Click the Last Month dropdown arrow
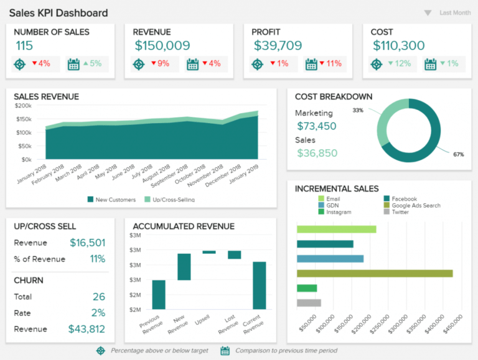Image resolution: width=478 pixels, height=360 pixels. tap(428, 13)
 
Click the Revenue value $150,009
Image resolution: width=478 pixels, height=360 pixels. tap(162, 45)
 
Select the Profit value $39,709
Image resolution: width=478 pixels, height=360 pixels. tap(278, 45)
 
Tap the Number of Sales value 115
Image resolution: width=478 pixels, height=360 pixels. tap(24, 45)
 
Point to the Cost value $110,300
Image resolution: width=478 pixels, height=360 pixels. tap(398, 45)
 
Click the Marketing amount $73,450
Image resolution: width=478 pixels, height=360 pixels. tap(316, 126)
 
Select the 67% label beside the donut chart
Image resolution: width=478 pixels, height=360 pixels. tap(458, 154)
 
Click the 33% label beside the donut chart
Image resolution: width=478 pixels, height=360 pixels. tap(358, 110)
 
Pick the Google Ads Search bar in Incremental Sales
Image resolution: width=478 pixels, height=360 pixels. tap(374, 273)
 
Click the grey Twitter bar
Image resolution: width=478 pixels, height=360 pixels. tap(309, 303)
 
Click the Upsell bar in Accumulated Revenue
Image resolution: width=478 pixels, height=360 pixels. tap(209, 252)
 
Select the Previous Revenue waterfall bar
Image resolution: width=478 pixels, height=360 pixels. tap(159, 294)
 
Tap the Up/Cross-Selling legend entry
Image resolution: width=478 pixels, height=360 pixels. tap(169, 200)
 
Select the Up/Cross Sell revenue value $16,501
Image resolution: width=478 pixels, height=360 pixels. tap(87, 243)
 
